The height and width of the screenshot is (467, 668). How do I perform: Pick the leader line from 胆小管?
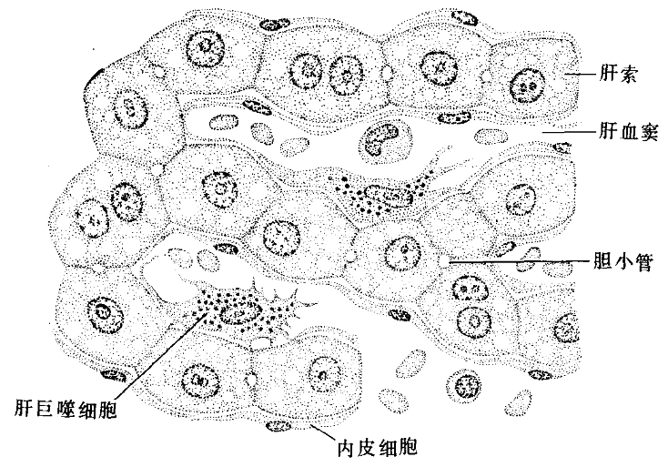pos(519,262)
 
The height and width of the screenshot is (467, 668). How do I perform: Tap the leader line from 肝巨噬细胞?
pos(155,355)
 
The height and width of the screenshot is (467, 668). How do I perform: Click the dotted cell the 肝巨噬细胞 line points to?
pos(241,312)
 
